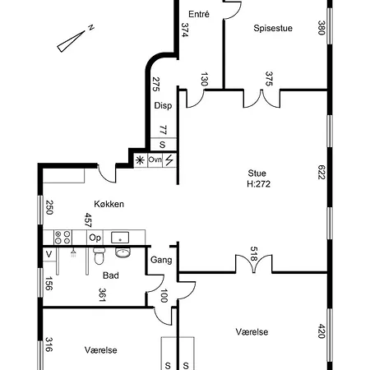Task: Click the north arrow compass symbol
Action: (x=76, y=38)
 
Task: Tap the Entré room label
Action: (x=198, y=14)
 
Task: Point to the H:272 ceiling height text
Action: (x=258, y=184)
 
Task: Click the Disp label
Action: (x=163, y=105)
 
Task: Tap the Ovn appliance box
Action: (x=155, y=160)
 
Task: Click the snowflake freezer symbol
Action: (x=139, y=160)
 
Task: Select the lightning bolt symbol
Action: (x=169, y=160)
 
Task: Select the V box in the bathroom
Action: (x=49, y=254)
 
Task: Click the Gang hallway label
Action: (x=161, y=260)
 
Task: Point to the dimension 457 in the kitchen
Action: (x=87, y=220)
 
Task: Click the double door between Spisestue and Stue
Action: (x=269, y=97)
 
